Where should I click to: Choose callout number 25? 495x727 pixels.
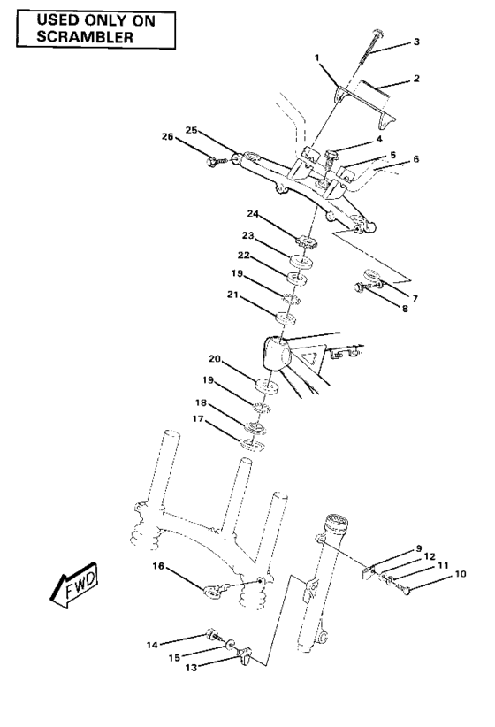click(190, 130)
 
